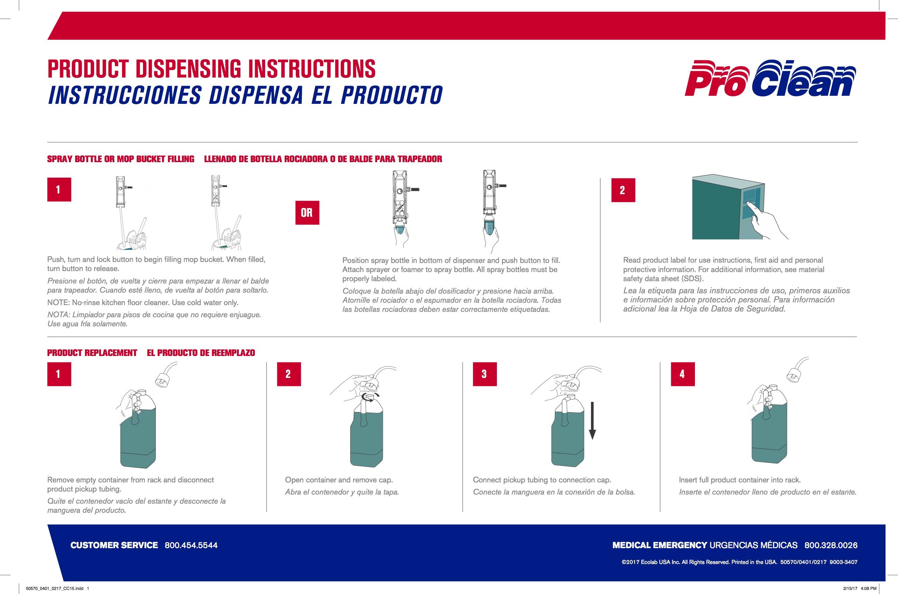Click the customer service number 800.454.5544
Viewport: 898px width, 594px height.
tap(191, 545)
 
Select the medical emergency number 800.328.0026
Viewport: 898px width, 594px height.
tap(831, 545)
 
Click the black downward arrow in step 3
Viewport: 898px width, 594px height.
tap(592, 420)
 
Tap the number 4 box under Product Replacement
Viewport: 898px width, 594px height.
tap(682, 374)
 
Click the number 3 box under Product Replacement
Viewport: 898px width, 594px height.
tap(484, 374)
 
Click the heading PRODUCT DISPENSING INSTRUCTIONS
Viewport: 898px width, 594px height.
tap(211, 69)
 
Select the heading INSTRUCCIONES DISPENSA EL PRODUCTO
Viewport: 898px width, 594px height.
tap(245, 95)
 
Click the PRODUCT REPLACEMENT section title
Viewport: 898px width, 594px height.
tap(92, 353)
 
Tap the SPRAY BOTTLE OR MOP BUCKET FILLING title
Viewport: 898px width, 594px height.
tap(120, 159)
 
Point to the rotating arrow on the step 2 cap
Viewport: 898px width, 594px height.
tap(370, 397)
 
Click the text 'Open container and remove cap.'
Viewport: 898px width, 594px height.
tap(338, 480)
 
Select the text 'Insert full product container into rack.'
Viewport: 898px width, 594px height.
tap(739, 480)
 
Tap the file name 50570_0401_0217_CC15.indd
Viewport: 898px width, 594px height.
tap(55, 588)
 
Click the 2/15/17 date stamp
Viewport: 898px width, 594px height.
tap(850, 588)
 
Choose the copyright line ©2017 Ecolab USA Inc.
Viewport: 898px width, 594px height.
tap(739, 562)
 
